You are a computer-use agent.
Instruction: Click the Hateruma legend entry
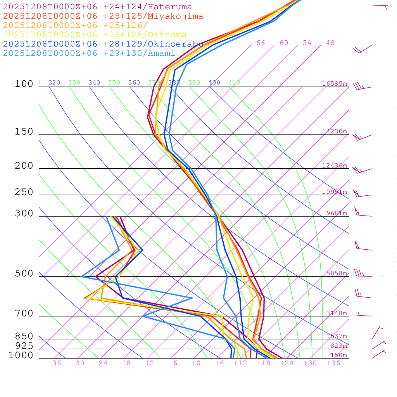(97, 7)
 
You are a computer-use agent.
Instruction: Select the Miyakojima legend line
(103, 16)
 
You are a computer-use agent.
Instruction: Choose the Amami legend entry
(89, 54)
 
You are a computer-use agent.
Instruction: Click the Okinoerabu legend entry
(103, 44)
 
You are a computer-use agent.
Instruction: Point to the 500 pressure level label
(24, 274)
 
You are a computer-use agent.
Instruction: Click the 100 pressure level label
(24, 84)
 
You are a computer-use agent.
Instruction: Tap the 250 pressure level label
(24, 192)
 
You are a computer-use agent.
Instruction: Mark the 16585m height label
(335, 84)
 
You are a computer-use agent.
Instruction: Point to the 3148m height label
(337, 313)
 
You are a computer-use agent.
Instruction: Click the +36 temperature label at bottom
(333, 363)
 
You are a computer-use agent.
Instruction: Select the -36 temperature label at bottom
(54, 363)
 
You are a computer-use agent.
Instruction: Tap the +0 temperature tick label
(196, 363)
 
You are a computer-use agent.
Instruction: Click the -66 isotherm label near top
(258, 43)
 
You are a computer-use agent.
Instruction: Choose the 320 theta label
(54, 83)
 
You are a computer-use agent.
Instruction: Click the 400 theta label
(214, 83)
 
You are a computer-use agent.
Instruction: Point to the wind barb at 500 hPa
(359, 274)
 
